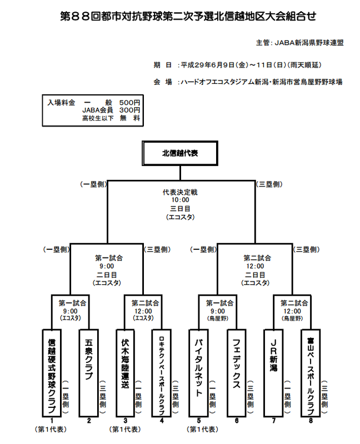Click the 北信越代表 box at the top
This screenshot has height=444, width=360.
179,153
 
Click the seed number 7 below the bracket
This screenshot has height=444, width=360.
273,421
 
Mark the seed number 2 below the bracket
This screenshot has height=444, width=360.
89,421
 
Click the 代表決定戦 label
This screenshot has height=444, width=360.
179,192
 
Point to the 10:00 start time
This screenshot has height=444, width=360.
179,200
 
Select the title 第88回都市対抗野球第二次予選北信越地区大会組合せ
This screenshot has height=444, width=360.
179,17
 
